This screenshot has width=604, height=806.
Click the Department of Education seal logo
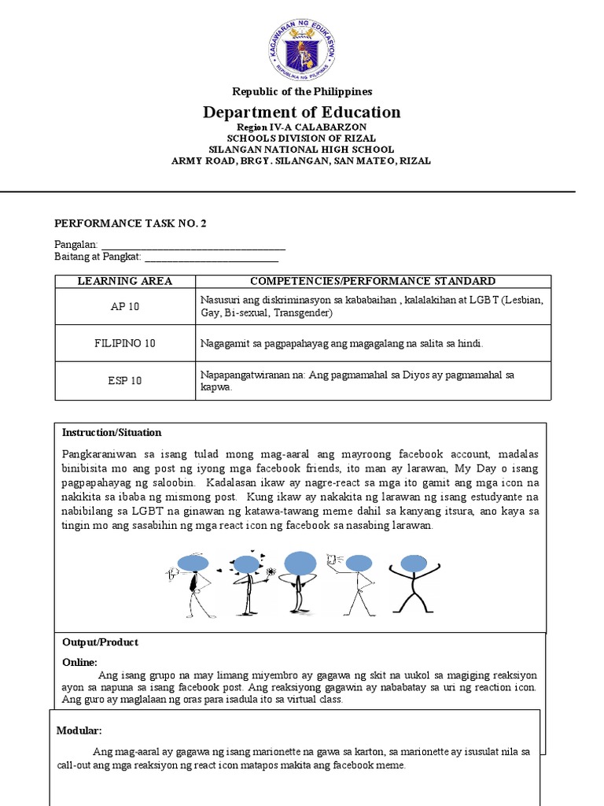pyautogui.click(x=301, y=42)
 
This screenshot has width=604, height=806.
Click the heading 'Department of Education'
pyautogui.click(x=302, y=112)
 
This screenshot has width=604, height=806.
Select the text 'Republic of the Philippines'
pyautogui.click(x=301, y=91)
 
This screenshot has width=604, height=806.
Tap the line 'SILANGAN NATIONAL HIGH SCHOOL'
pyautogui.click(x=301, y=150)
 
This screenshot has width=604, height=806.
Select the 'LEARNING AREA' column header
pyautogui.click(x=124, y=281)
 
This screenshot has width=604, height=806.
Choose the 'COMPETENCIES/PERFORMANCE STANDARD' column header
pyautogui.click(x=373, y=281)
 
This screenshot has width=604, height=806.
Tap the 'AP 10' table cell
pyautogui.click(x=124, y=307)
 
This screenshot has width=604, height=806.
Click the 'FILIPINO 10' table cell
pyautogui.click(x=124, y=343)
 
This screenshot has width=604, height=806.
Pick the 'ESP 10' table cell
pyautogui.click(x=124, y=381)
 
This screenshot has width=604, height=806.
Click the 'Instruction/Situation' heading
pyautogui.click(x=112, y=432)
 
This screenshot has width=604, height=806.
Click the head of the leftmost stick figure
pyautogui.click(x=192, y=562)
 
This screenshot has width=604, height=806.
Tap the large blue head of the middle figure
pyautogui.click(x=299, y=564)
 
